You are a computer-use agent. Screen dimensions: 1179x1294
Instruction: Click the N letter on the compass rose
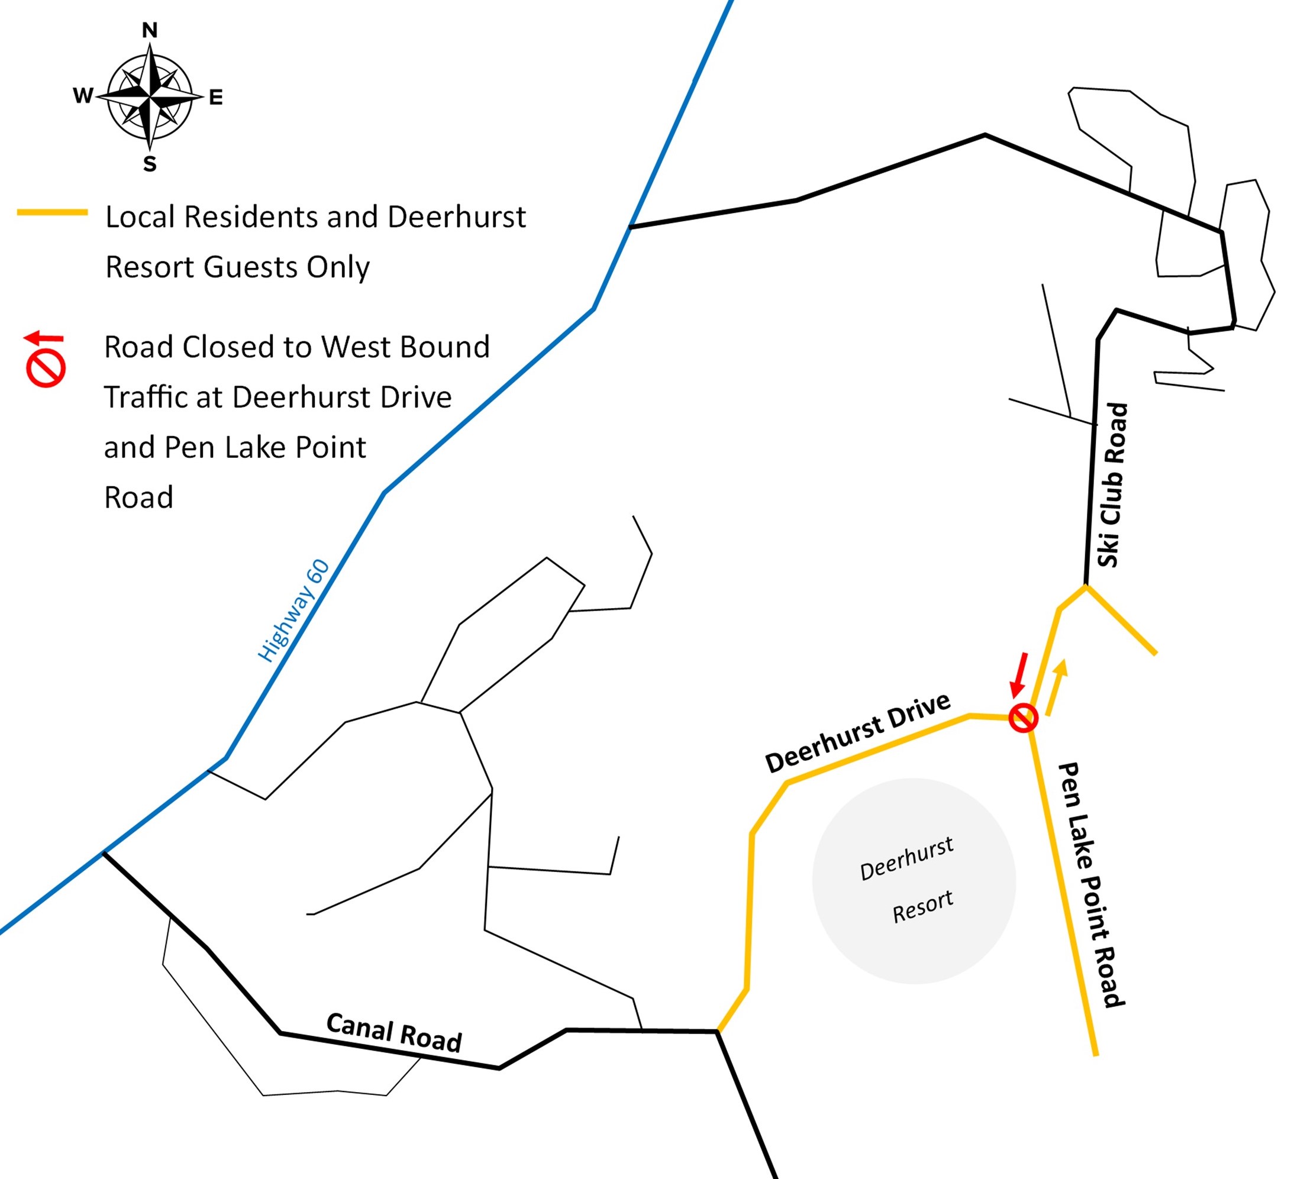[150, 30]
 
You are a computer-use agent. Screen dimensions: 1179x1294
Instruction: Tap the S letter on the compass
[150, 164]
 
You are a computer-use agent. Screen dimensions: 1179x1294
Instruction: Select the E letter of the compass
[215, 98]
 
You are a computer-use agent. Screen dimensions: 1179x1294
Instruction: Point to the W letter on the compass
[83, 96]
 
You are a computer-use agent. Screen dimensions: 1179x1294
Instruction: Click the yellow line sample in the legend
[52, 212]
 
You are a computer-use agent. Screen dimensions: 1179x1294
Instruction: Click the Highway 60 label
[293, 611]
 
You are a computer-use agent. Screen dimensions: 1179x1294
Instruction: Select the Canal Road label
[394, 1032]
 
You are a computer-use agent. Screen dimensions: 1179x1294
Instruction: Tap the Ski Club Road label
[1112, 485]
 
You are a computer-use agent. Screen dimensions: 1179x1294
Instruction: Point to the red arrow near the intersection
[1019, 674]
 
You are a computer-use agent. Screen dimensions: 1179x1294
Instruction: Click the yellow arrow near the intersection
[1057, 686]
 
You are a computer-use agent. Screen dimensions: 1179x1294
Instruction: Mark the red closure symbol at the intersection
[1022, 718]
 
